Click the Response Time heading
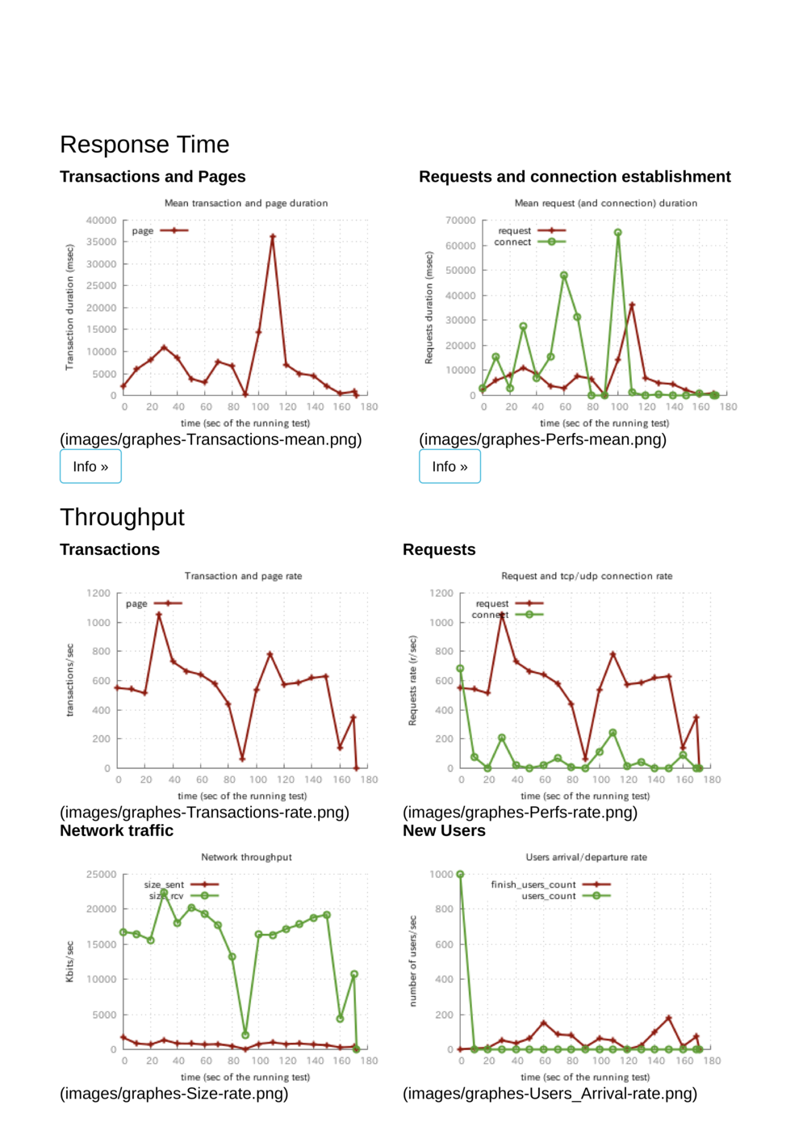coord(144,145)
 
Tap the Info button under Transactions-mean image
coord(90,467)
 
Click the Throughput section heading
coord(122,517)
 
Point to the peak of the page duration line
coord(273,237)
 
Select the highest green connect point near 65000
coord(618,233)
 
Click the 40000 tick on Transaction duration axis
coord(102,221)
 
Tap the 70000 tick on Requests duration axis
coord(461,221)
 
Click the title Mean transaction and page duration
coord(246,204)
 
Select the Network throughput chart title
coord(246,857)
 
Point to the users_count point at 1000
coord(460,874)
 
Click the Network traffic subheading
coord(116,830)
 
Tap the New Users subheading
coord(444,830)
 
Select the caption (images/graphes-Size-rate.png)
coord(174,1094)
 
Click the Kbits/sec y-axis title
coord(69,961)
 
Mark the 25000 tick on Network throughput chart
coord(102,875)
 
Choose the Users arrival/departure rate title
coord(586,857)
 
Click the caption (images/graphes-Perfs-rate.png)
coord(520,813)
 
